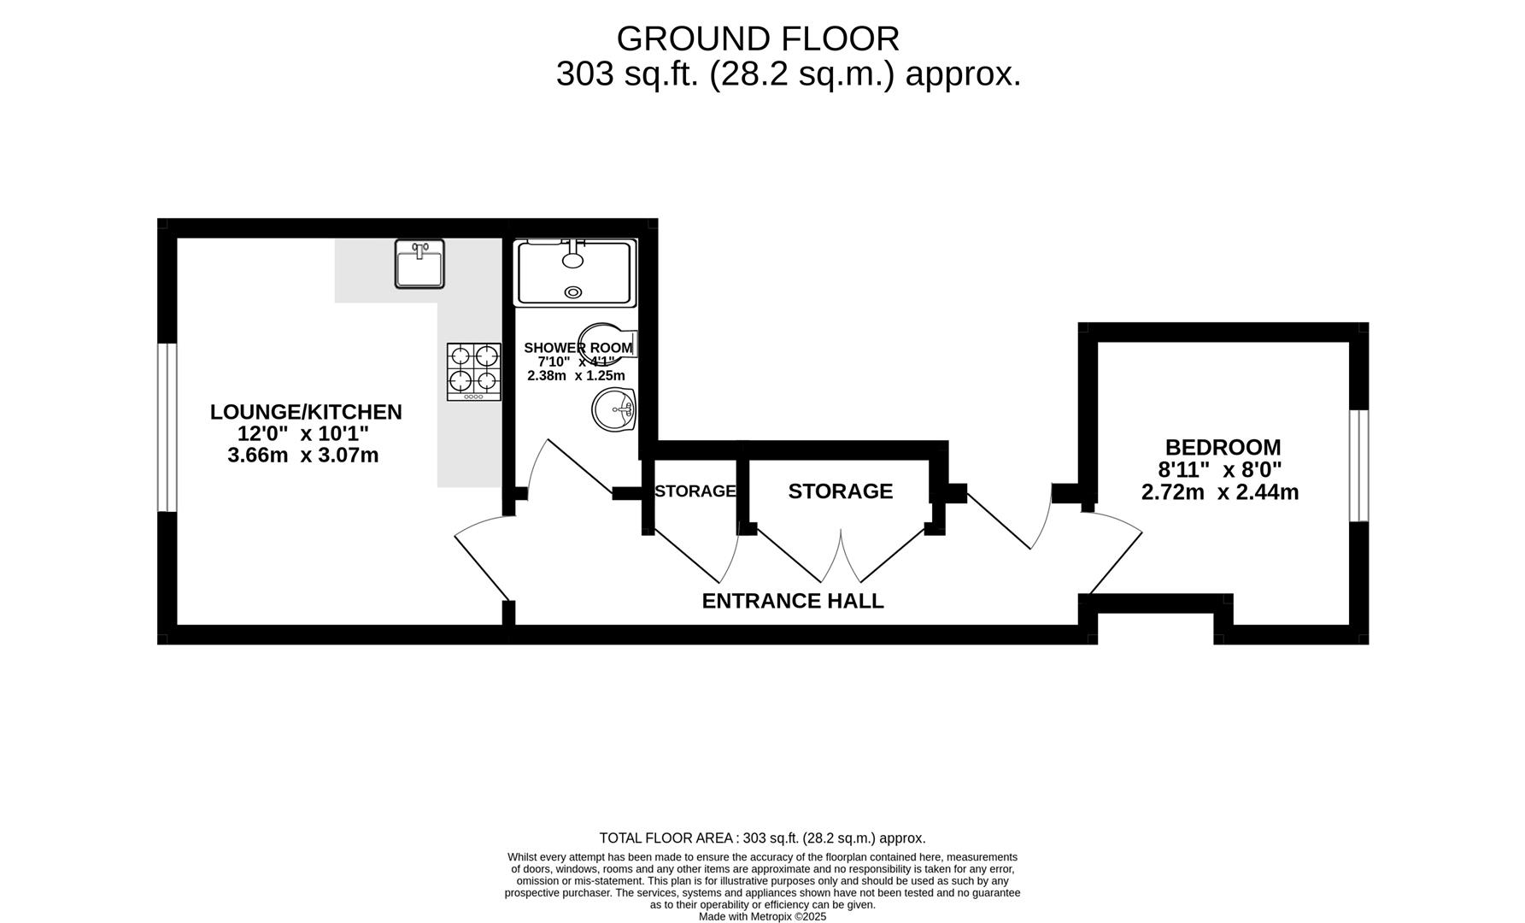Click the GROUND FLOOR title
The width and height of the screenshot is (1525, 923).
point(757,39)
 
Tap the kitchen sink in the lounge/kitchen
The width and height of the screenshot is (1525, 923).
point(419,264)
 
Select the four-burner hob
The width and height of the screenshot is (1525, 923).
point(473,371)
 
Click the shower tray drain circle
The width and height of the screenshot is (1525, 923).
point(573,292)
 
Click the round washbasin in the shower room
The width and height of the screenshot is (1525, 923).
point(613,410)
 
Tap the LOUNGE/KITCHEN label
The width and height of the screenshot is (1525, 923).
point(306,412)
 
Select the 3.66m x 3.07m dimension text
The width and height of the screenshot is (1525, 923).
point(302,456)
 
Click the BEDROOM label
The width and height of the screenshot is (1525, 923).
point(1223,447)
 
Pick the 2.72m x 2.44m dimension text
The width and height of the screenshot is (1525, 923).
point(1219,492)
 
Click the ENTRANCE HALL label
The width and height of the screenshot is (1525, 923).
point(792,601)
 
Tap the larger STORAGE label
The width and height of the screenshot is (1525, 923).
point(840,491)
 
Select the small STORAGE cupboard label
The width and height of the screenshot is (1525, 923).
point(695,491)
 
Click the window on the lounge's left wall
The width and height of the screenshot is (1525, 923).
point(167,427)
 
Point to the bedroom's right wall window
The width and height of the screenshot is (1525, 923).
point(1358,466)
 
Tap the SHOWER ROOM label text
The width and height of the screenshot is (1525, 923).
point(578,348)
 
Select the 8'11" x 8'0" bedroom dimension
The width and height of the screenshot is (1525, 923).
point(1219,470)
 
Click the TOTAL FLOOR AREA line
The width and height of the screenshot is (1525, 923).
point(762,838)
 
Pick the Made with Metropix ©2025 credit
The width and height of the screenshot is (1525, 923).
point(762,917)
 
